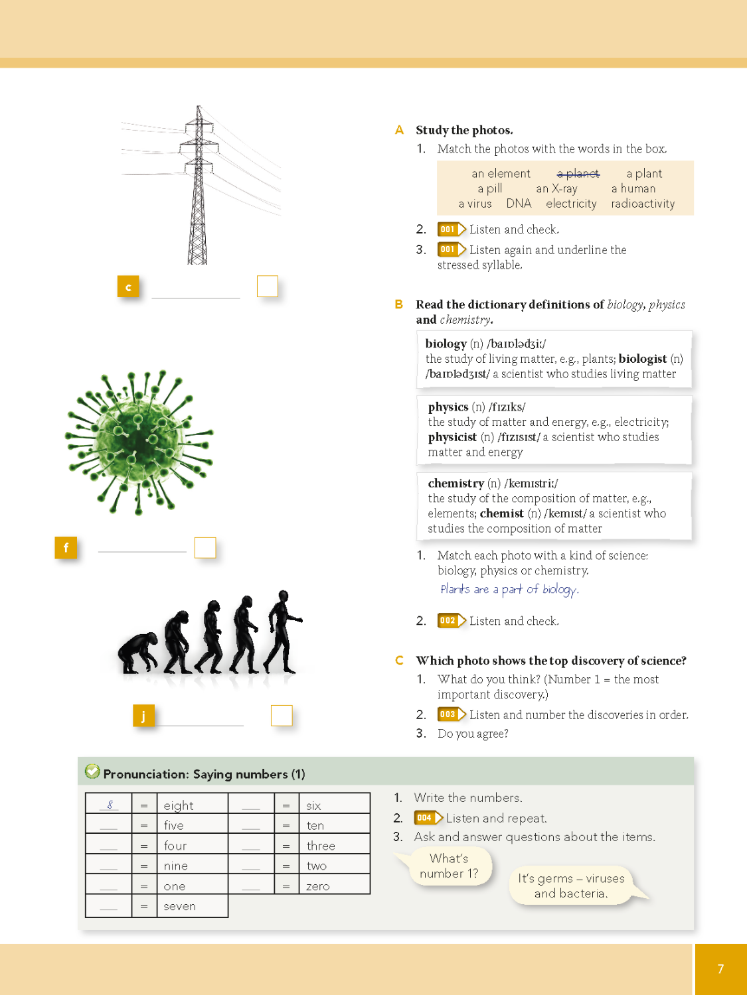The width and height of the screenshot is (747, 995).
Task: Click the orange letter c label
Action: click(x=128, y=287)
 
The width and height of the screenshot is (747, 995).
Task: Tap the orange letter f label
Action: click(x=66, y=548)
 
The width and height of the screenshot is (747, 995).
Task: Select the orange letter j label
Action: click(x=143, y=716)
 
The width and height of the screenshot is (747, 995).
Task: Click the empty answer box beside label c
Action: click(x=268, y=286)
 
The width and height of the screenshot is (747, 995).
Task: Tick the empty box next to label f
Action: click(x=205, y=547)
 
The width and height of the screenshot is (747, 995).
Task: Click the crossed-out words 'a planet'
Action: click(x=578, y=174)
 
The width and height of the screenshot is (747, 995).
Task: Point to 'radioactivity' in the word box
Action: click(x=643, y=204)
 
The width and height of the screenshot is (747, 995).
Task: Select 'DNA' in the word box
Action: click(x=519, y=204)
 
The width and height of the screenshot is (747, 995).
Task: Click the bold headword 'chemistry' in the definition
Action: click(x=456, y=484)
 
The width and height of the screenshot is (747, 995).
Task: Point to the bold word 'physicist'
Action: click(x=452, y=437)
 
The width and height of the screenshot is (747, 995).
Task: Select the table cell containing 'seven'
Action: click(x=193, y=906)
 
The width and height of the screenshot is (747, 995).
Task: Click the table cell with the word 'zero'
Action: click(x=334, y=886)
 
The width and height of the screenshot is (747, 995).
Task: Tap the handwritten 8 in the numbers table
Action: click(x=110, y=805)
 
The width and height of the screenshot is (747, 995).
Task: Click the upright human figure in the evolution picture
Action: click(x=283, y=629)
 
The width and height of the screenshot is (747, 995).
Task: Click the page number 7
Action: click(x=720, y=969)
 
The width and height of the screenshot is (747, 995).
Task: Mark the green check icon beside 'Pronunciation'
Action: click(x=92, y=771)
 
